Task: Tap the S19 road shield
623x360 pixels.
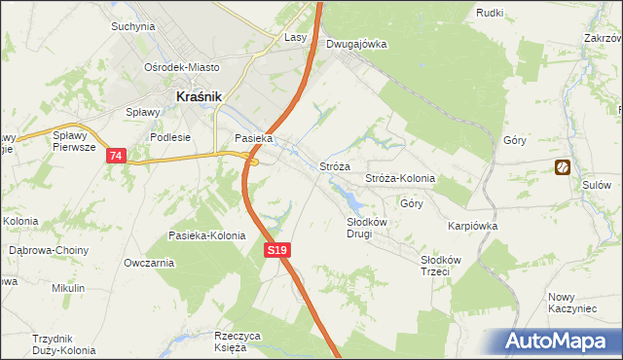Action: point(277,251)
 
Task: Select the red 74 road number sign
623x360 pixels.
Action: point(117,156)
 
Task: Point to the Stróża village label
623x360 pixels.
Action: point(335,167)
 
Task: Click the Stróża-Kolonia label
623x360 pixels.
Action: point(399,179)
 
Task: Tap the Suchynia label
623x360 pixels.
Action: point(133,26)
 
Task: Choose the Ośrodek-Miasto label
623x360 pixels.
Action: point(182,67)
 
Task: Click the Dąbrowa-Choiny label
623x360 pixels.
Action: point(49,250)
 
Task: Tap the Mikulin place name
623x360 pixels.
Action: point(69,289)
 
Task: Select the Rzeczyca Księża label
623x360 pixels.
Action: point(238,342)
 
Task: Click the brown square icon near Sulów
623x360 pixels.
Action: point(563,167)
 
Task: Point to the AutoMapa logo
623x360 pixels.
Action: point(557,342)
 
